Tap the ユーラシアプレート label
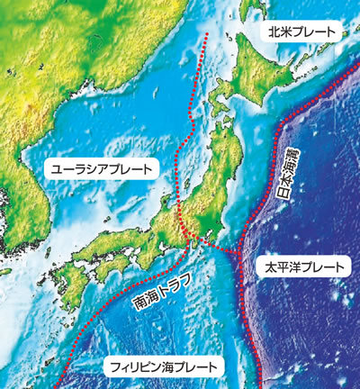point(100,168)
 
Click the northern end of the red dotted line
point(207,34)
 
